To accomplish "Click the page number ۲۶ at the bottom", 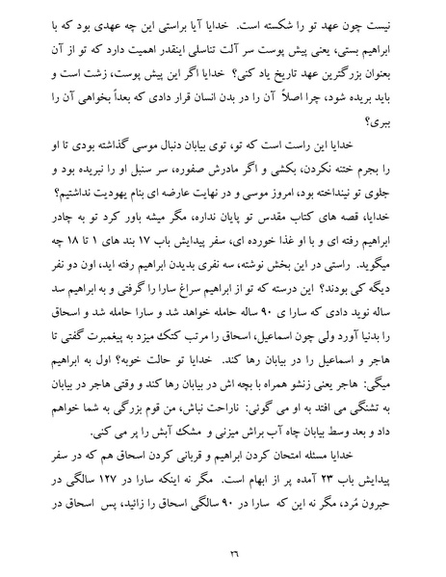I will pos(223,550).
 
